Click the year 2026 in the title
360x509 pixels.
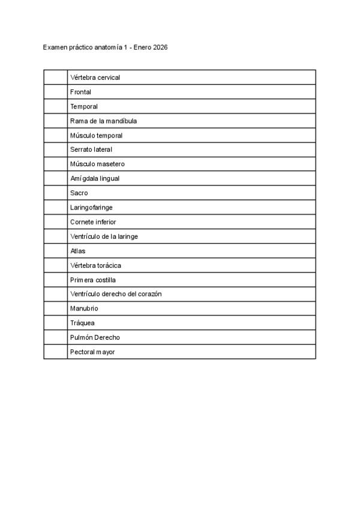tap(160, 47)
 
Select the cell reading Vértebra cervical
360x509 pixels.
tap(95, 77)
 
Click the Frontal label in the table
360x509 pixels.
tap(80, 92)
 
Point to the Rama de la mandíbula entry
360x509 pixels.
tap(103, 121)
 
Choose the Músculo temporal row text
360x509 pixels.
tap(96, 135)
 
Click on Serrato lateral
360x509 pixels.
tap(91, 149)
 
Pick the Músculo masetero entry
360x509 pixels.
tap(97, 164)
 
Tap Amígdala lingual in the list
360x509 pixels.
tap(95, 178)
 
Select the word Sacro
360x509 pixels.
tap(79, 193)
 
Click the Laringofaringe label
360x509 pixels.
tap(91, 207)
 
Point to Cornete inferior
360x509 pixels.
tap(93, 221)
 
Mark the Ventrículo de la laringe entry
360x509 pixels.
tap(104, 236)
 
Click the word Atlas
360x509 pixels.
tap(78, 250)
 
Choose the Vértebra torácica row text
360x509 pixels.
tap(96, 265)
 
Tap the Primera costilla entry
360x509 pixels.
tap(93, 279)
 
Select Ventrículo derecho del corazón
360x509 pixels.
tap(116, 294)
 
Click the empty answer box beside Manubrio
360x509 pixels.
tap(55, 308)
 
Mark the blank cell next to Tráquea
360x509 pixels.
tap(55, 322)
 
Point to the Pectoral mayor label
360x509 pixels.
tap(92, 352)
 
